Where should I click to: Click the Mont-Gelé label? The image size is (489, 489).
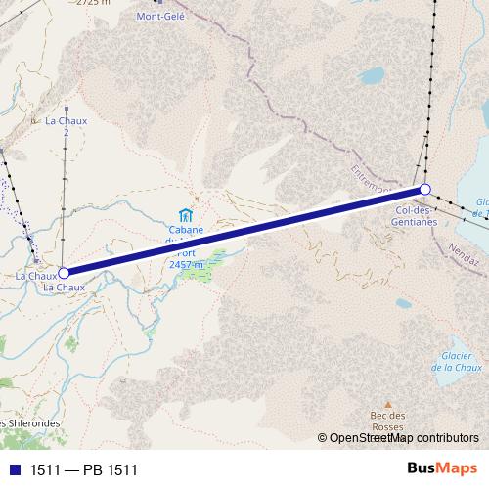tap(160, 17)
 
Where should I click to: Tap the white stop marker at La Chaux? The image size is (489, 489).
tap(64, 274)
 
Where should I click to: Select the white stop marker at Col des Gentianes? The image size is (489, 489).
tap(425, 189)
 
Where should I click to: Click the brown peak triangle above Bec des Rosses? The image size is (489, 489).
tap(387, 404)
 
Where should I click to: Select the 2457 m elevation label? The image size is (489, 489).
tap(186, 264)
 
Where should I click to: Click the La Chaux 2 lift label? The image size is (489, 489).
tap(67, 126)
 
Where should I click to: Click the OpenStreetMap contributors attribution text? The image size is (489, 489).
tap(403, 438)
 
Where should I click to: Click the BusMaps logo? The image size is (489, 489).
tap(442, 470)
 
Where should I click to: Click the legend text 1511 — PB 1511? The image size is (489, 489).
tap(84, 470)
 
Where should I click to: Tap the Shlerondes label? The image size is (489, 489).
tap(30, 423)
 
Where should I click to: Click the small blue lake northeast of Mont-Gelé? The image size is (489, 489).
tap(373, 74)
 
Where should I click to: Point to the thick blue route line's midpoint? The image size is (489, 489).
tap(244, 232)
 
